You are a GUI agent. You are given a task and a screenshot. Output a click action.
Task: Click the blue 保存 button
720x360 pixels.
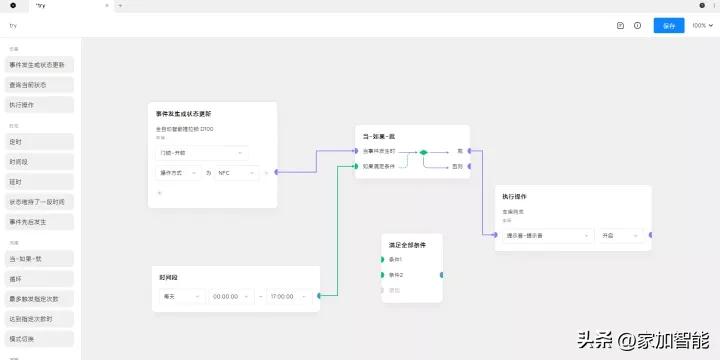pos(669,25)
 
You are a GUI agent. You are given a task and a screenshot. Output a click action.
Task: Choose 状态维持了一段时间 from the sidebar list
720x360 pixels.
pos(38,201)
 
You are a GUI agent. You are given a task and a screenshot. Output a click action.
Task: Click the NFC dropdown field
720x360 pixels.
pos(237,172)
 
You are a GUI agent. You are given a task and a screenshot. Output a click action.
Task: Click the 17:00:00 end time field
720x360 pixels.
pos(288,295)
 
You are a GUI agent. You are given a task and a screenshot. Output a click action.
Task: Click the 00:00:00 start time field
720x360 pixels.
pos(232,295)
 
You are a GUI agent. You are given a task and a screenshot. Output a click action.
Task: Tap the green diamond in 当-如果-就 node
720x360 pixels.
pos(424,152)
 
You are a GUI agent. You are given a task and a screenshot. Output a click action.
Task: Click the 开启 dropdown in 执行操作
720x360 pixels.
pos(620,235)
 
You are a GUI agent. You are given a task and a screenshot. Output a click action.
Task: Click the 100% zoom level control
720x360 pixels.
pos(701,25)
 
